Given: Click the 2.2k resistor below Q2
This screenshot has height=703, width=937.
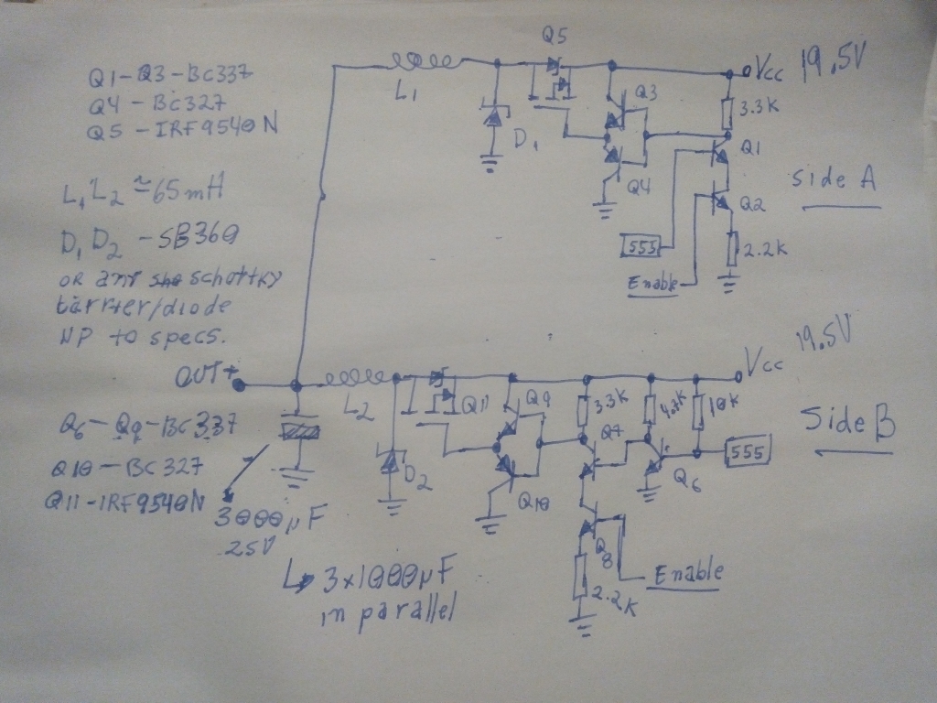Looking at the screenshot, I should point(733,246).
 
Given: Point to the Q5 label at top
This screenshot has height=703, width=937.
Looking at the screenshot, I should point(555,37).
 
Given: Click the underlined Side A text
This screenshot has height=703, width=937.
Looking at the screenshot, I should point(834,179).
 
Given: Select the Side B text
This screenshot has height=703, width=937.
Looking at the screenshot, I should point(847,422).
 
